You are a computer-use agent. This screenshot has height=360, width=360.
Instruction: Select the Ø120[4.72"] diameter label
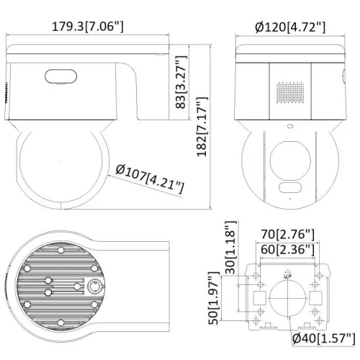290,28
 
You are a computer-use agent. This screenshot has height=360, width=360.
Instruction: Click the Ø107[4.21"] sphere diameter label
149,179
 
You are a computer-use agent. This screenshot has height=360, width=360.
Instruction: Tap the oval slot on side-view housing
60,76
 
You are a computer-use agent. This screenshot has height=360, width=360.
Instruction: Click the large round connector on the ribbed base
94,286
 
